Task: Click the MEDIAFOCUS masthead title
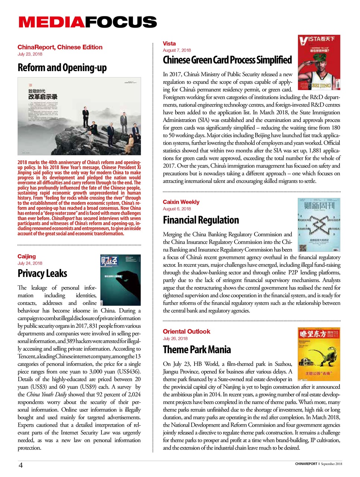[x=88, y=22]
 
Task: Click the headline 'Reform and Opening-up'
[x=62, y=67]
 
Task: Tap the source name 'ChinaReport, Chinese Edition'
[x=60, y=47]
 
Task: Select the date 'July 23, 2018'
[x=30, y=54]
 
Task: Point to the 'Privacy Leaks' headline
[x=42, y=274]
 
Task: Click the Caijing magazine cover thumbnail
[x=120, y=280]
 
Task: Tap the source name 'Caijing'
[x=26, y=256]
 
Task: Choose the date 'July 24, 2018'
[x=30, y=263]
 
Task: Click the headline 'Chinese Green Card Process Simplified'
[x=227, y=60]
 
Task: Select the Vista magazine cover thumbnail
[x=319, y=62]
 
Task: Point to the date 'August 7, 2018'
[x=177, y=50]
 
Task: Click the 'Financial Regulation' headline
[x=200, y=220]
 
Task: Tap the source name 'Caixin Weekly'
[x=181, y=202]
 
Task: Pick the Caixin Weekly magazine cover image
[x=319, y=225]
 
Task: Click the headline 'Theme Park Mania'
[x=196, y=350]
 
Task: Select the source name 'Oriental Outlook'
[x=186, y=331]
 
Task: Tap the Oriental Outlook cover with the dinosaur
[x=319, y=354]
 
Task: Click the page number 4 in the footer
[x=21, y=465]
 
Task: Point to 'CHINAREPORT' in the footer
[x=306, y=464]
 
